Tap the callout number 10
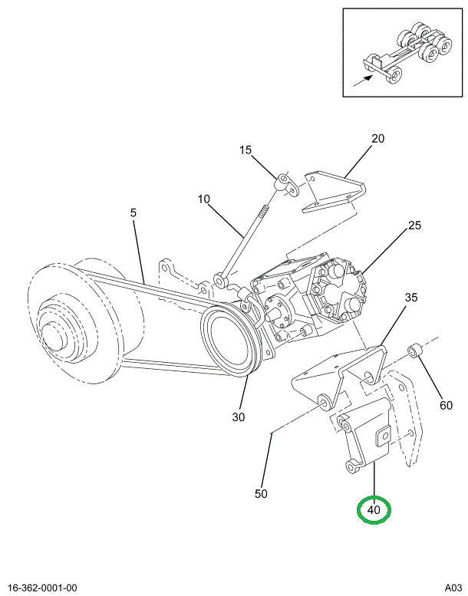(203, 199)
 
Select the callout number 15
(246, 150)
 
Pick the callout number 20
(377, 139)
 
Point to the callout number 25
(414, 226)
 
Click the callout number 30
(238, 417)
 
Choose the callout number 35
(410, 298)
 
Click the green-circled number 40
(374, 509)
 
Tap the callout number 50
(261, 494)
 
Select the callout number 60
(446, 406)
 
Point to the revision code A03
(453, 588)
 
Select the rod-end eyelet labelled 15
(284, 182)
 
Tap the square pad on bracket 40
(381, 438)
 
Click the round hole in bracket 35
(369, 377)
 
